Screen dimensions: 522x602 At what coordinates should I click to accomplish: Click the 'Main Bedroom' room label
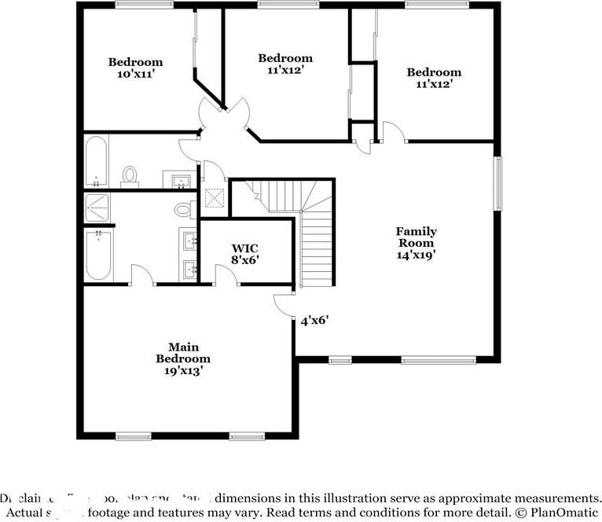coord(182,352)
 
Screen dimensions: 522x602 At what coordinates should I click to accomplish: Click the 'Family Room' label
coord(416,237)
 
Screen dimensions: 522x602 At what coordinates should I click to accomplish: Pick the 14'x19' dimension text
coord(416,254)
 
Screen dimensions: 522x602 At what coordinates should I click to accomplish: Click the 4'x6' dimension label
coord(314,320)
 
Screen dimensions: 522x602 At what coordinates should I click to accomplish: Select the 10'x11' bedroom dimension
coord(135,74)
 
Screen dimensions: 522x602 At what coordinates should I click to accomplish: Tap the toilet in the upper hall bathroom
coord(130,175)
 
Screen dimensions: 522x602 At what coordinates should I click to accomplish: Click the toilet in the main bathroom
coord(183,209)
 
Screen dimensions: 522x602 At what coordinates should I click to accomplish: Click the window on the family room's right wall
coord(497,183)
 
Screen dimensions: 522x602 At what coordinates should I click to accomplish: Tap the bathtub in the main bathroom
coord(98,254)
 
